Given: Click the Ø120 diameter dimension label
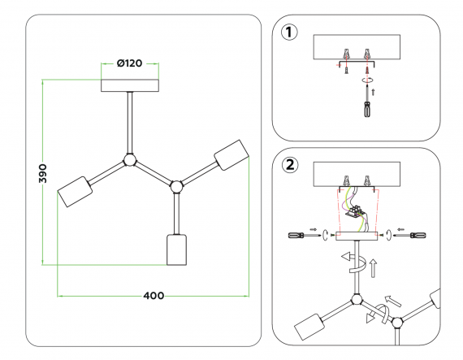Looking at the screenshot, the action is click(130, 63).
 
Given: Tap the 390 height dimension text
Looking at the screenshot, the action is click(43, 173).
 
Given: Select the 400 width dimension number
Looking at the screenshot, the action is click(154, 296).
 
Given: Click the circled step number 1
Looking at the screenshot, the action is click(289, 33).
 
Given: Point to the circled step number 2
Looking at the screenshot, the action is click(290, 165).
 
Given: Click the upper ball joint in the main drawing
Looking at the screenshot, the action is click(130, 160).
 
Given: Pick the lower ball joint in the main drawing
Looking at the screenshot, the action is click(176, 187).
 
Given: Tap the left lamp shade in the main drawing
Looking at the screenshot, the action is click(75, 192).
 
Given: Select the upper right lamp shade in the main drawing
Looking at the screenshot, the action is click(231, 154).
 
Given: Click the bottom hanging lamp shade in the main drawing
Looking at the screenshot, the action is click(176, 249).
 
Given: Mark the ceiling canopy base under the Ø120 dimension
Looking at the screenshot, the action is click(130, 85).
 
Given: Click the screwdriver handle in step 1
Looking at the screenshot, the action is click(367, 109).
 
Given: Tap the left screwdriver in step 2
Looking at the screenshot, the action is click(304, 236).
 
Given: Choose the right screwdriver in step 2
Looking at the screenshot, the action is click(410, 236).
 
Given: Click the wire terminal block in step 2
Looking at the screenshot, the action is click(354, 211).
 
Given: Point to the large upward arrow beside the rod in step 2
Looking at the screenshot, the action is click(373, 268).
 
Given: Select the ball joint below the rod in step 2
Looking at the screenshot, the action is click(357, 300).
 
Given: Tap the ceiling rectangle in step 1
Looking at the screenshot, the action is click(357, 47).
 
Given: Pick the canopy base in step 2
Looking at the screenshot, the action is click(357, 236).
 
